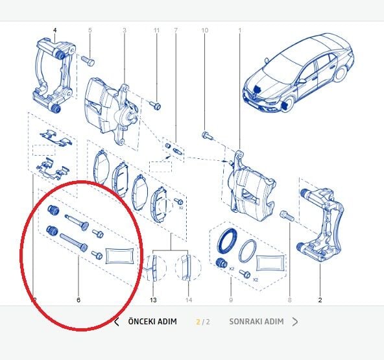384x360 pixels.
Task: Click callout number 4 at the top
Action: [x=54, y=30]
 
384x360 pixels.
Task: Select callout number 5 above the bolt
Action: [x=90, y=30]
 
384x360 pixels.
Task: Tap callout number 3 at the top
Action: [x=124, y=30]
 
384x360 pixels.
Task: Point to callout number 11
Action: [x=156, y=30]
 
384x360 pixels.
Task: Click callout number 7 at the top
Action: [x=175, y=30]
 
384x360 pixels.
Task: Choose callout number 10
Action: [x=205, y=30]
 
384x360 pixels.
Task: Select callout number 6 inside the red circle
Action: [x=78, y=300]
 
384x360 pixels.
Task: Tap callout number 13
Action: [x=153, y=300]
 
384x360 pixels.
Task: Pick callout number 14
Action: [x=188, y=300]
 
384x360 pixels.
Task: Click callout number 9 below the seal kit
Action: [x=230, y=300]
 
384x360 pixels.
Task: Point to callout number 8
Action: [x=289, y=300]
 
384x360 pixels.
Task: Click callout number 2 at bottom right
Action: [x=320, y=300]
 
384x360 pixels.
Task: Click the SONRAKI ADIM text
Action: [x=256, y=322]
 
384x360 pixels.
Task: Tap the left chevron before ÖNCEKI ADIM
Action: [x=116, y=322]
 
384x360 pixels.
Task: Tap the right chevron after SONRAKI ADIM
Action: [x=295, y=322]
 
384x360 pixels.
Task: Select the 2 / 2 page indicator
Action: [x=203, y=322]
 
